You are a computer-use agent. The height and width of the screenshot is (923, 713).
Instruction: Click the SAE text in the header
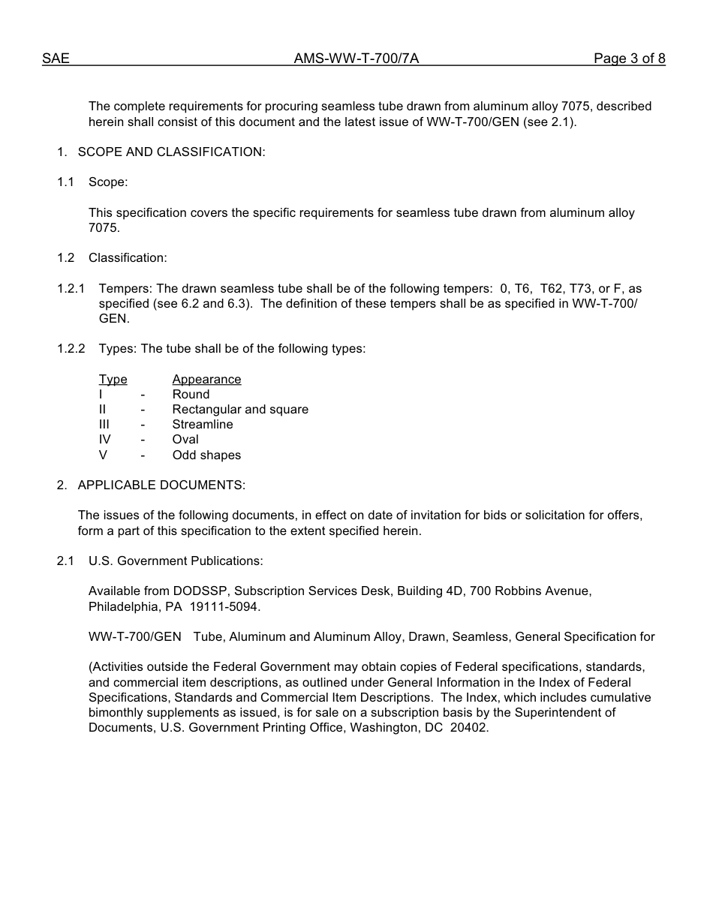point(56,59)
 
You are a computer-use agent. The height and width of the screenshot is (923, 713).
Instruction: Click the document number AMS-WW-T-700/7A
point(356,59)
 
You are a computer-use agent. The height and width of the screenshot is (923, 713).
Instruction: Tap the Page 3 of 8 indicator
point(629,59)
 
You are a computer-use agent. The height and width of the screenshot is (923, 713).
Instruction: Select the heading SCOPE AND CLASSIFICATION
point(171,152)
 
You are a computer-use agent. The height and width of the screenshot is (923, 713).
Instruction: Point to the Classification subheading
point(128,258)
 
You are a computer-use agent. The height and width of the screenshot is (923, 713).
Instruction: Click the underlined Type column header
point(113,380)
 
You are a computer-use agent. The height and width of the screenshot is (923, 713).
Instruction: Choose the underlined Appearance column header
point(206,380)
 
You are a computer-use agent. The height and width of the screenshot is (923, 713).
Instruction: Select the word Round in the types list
point(191,395)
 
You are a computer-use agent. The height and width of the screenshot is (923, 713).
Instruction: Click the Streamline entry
point(203,425)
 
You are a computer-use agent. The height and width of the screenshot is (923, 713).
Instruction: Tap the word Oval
point(185,440)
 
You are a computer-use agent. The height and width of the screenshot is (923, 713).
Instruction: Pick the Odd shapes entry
point(206,455)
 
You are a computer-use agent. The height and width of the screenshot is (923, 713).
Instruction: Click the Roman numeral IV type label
point(105,440)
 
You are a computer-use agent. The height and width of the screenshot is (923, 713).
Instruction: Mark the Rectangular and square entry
point(240,410)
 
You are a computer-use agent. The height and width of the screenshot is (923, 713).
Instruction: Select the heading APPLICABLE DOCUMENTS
point(161,486)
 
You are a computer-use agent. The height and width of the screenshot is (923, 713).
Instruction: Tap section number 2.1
point(66,561)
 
